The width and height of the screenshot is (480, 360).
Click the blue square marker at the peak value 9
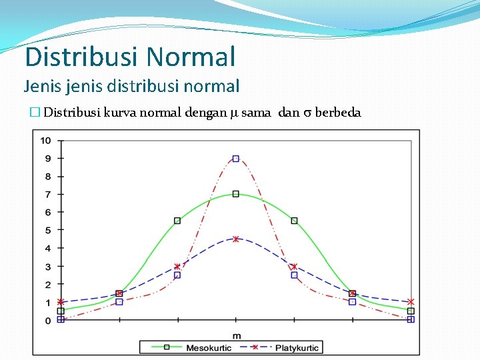coord(235,159)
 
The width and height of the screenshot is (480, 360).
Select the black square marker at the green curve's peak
coord(235,194)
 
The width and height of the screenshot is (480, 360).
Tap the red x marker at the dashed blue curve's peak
coord(235,239)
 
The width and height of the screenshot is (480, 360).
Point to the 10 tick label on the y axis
coord(45,140)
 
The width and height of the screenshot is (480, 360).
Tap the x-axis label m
coord(236,335)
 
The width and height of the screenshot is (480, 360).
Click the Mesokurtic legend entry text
coord(209,347)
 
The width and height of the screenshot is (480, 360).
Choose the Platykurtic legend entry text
coord(297,347)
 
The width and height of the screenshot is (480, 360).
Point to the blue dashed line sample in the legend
coord(254,347)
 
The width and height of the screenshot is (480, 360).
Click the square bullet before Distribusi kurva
coord(37,113)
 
